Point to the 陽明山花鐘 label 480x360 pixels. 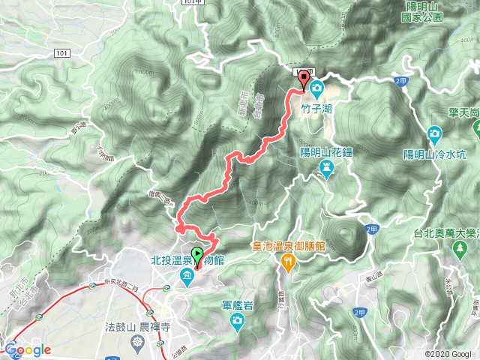[x=327, y=150]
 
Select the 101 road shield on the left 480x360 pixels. [x=62, y=53]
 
